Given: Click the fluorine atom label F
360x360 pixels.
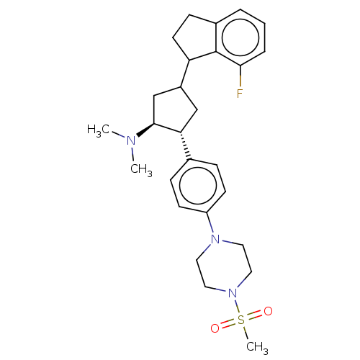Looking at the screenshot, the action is click(240, 94).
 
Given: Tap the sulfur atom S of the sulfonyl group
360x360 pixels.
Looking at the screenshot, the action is click(240, 320).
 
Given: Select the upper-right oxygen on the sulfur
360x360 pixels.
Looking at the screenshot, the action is click(268, 311).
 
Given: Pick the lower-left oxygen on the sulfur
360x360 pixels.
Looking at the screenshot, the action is click(215, 328).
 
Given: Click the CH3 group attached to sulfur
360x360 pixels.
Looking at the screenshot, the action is click(257, 348).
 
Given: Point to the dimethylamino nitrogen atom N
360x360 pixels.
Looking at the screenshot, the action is click(131, 140).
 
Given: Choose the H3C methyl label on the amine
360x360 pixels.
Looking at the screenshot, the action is click(99, 130).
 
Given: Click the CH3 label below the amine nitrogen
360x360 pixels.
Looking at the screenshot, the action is click(141, 170).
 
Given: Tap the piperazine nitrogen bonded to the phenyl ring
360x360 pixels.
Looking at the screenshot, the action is click(215, 239).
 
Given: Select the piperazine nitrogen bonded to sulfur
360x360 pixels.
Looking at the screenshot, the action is click(233, 293).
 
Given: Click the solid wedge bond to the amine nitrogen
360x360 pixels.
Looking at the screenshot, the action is click(145, 130).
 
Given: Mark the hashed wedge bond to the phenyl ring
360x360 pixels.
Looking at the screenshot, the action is click(185, 145).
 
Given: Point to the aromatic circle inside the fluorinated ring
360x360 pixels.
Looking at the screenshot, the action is click(240, 37).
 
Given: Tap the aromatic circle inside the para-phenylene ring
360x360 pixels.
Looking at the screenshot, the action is click(198, 185).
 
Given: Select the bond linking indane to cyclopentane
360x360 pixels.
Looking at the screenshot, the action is click(185, 73).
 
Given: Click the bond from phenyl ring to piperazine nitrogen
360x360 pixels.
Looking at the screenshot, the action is click(210, 222).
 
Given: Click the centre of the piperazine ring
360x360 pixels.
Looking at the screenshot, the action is click(224, 266).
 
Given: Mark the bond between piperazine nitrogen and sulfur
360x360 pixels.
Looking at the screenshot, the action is click(237, 306).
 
